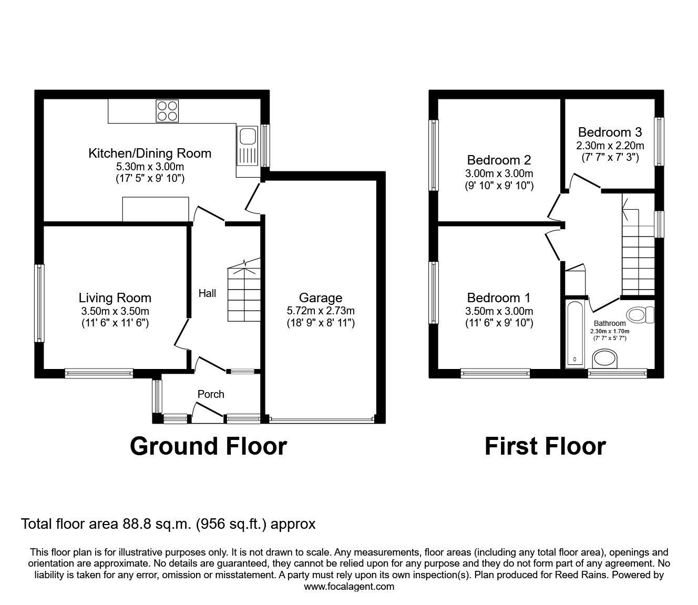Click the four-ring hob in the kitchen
[168, 111]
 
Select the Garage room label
[321, 298]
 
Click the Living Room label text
[115, 298]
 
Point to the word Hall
[207, 293]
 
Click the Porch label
[211, 394]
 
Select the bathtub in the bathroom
[574, 334]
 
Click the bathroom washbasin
[606, 361]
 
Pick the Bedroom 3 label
[610, 132]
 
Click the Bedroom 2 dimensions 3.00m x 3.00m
[499, 173]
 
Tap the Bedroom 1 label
[499, 298]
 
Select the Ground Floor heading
[208, 446]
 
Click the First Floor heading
[545, 446]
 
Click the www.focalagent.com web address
[349, 587]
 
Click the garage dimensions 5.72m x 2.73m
[321, 311]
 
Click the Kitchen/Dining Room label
[150, 153]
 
